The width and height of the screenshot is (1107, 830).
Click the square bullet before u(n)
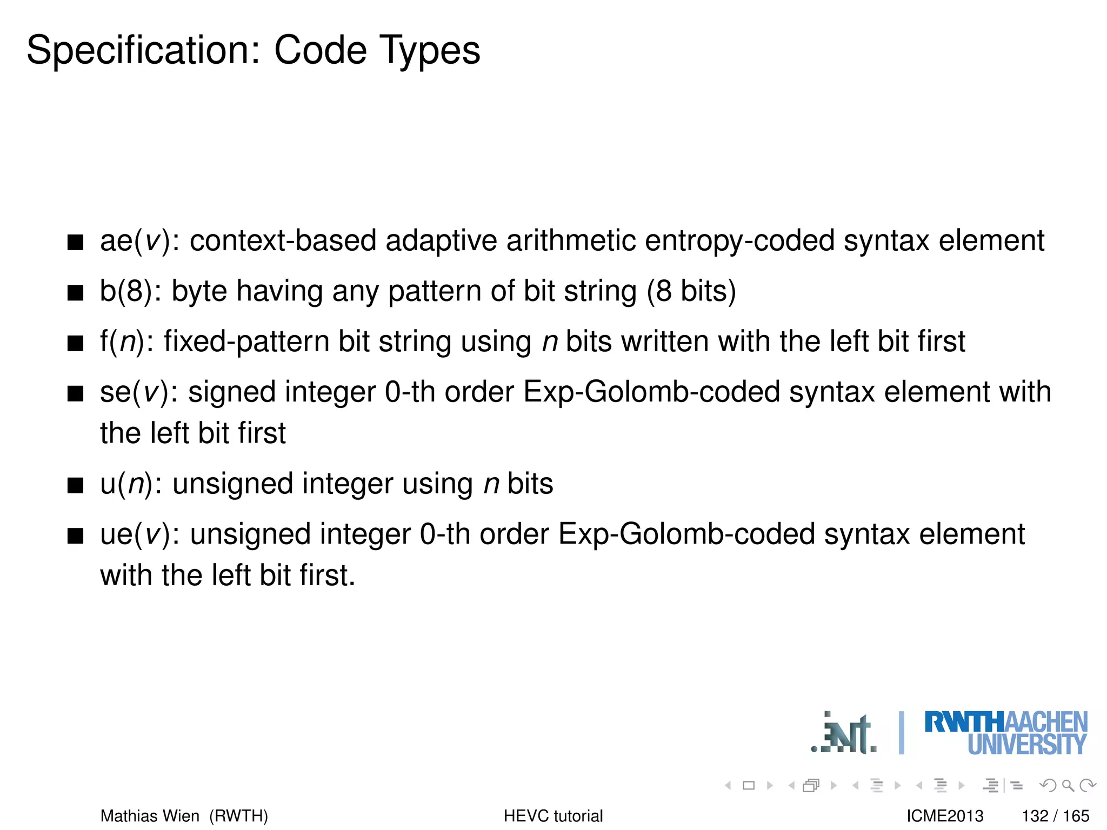point(75,485)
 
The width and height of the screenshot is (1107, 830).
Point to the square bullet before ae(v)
point(75,243)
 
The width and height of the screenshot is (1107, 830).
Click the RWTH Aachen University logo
point(1005,733)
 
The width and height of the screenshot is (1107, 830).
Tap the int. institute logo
point(844,734)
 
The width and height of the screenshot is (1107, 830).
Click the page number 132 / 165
point(1055,815)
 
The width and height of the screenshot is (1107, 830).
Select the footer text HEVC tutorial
point(553,815)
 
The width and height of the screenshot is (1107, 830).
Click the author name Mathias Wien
point(150,815)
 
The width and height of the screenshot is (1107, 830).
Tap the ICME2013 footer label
point(945,815)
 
